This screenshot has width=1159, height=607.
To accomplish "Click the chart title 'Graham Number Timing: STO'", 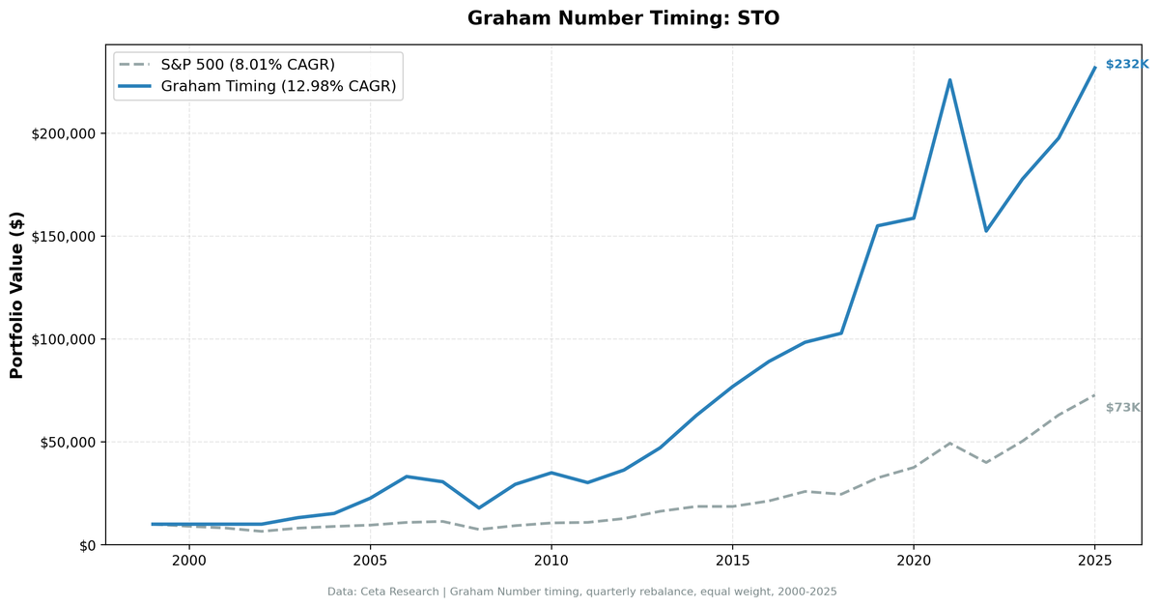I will click(623, 18).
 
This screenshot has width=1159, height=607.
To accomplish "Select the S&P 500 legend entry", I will click(247, 65).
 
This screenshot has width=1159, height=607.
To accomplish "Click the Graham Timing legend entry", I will click(278, 87).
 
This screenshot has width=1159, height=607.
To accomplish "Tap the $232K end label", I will click(1126, 65).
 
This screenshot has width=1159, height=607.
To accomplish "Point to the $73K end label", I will click(1122, 408).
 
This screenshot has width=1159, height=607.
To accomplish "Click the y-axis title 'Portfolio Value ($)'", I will click(16, 295).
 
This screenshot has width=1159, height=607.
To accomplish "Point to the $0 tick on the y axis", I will click(87, 545).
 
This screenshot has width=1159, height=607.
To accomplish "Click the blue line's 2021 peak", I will click(949, 80).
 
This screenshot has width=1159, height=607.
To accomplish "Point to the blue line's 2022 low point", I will click(986, 230).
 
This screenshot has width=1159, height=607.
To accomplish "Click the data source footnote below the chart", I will click(581, 592).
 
